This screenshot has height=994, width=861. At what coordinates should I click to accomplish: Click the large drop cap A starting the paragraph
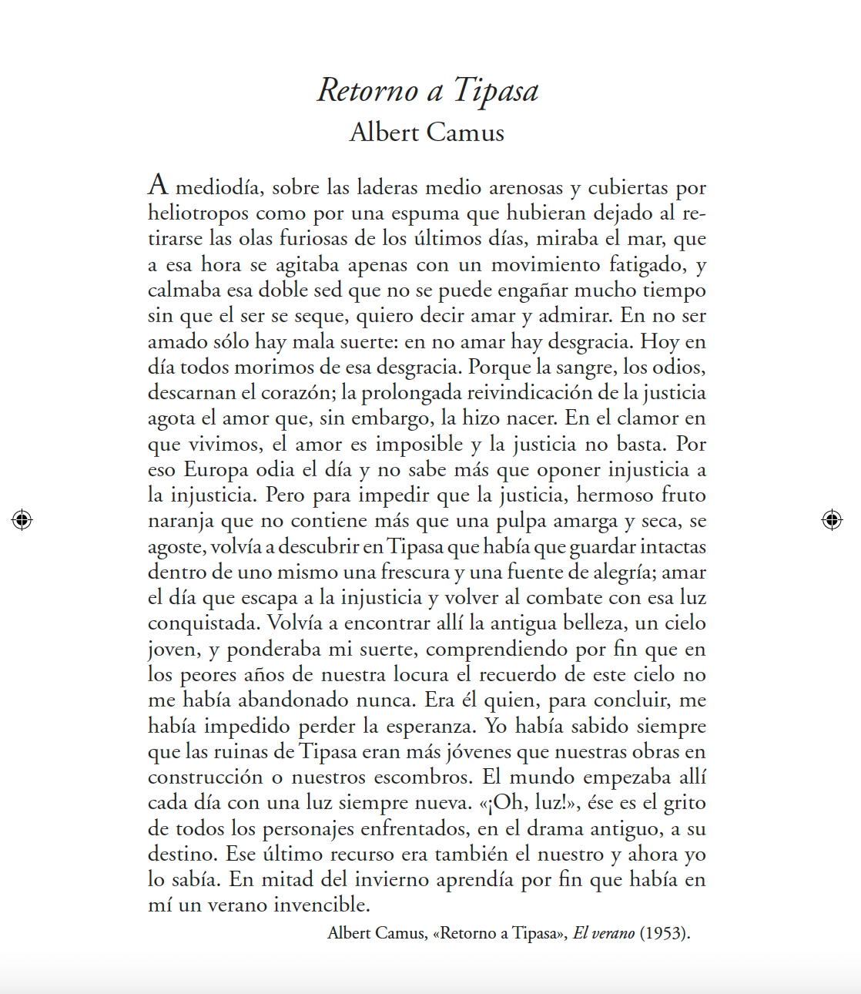coord(158,185)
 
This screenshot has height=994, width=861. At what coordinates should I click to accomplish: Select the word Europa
coord(216,469)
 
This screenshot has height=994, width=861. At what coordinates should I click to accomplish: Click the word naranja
coord(181,522)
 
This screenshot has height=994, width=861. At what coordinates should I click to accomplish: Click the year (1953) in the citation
coord(665,933)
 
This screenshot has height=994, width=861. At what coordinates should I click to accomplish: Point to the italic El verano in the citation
coord(604,933)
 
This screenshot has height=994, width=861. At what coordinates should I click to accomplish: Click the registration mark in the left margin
coord(22,520)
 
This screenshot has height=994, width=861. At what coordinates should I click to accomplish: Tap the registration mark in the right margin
coord(832,520)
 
